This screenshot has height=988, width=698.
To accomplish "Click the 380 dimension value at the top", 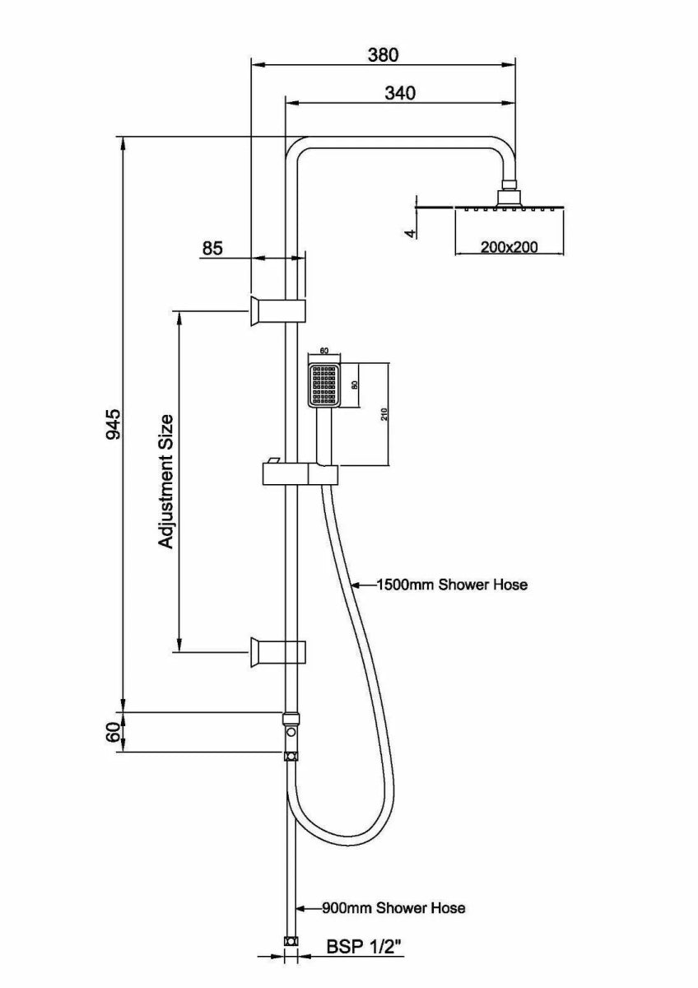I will [x=383, y=55].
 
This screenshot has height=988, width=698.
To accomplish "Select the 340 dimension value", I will [x=400, y=93].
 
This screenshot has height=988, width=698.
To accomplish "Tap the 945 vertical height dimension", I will [x=113, y=423].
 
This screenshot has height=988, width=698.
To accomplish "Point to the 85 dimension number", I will [x=212, y=247].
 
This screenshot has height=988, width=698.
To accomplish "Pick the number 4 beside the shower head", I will [x=409, y=233].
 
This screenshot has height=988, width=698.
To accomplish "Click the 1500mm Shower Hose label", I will [x=451, y=585].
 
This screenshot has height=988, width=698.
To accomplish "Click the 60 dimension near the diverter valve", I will [x=113, y=731].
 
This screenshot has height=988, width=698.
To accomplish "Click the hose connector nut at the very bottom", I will [x=290, y=941].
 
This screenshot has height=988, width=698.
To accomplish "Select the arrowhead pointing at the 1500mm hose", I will [x=356, y=585].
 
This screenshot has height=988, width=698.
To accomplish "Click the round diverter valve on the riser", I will [x=290, y=731].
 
